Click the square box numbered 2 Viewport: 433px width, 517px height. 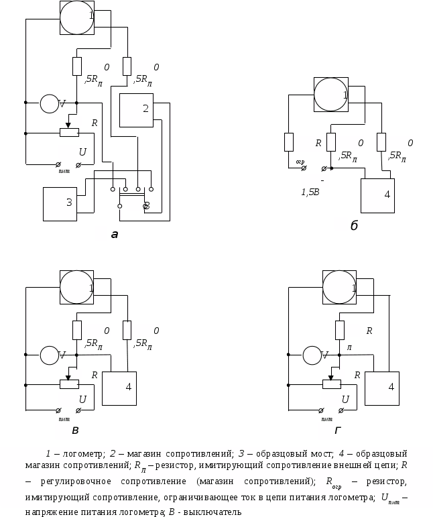[136, 111]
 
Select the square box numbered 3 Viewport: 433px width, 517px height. [60, 204]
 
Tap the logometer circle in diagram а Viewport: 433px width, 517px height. [76, 17]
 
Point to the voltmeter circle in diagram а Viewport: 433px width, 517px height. [49, 104]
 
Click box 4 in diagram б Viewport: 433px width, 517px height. [377, 195]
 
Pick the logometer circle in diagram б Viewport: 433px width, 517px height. [331, 94]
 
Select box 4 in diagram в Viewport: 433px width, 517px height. [119, 388]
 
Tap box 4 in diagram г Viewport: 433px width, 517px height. [382, 388]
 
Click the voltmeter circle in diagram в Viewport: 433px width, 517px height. [49, 355]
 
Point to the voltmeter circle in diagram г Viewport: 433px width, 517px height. [312, 355]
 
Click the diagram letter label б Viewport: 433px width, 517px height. [353, 225]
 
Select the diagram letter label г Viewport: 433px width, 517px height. [338, 430]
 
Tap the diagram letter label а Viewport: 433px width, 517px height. [115, 235]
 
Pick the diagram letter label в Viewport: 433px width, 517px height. [75, 430]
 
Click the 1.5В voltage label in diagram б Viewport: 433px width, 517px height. [310, 192]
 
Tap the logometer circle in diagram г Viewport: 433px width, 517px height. [339, 286]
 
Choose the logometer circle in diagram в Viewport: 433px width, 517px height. [76, 286]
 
